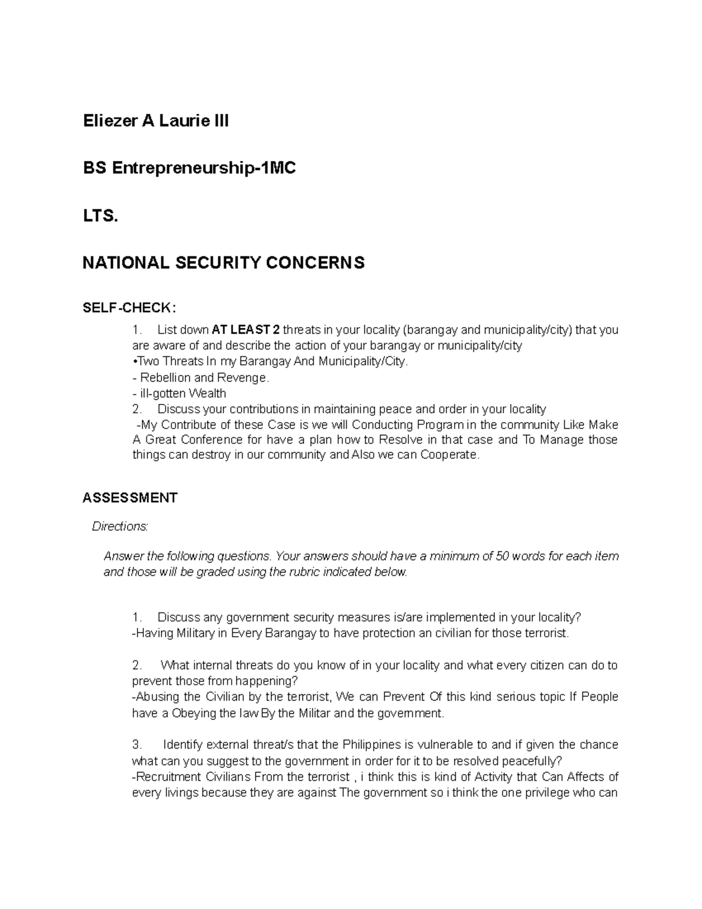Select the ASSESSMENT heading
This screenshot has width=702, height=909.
(130, 498)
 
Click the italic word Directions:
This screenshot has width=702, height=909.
(120, 527)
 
